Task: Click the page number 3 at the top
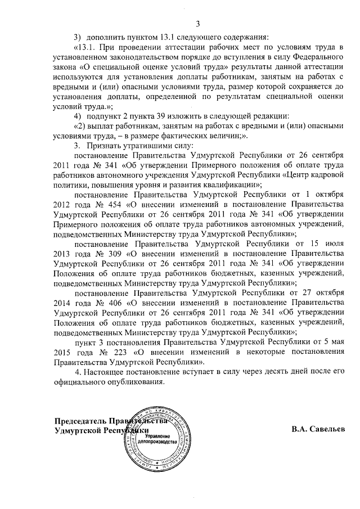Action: pyautogui.click(x=197, y=23)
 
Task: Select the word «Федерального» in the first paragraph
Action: pyautogui.click(x=316, y=57)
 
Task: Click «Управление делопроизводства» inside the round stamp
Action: pyautogui.click(x=159, y=439)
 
